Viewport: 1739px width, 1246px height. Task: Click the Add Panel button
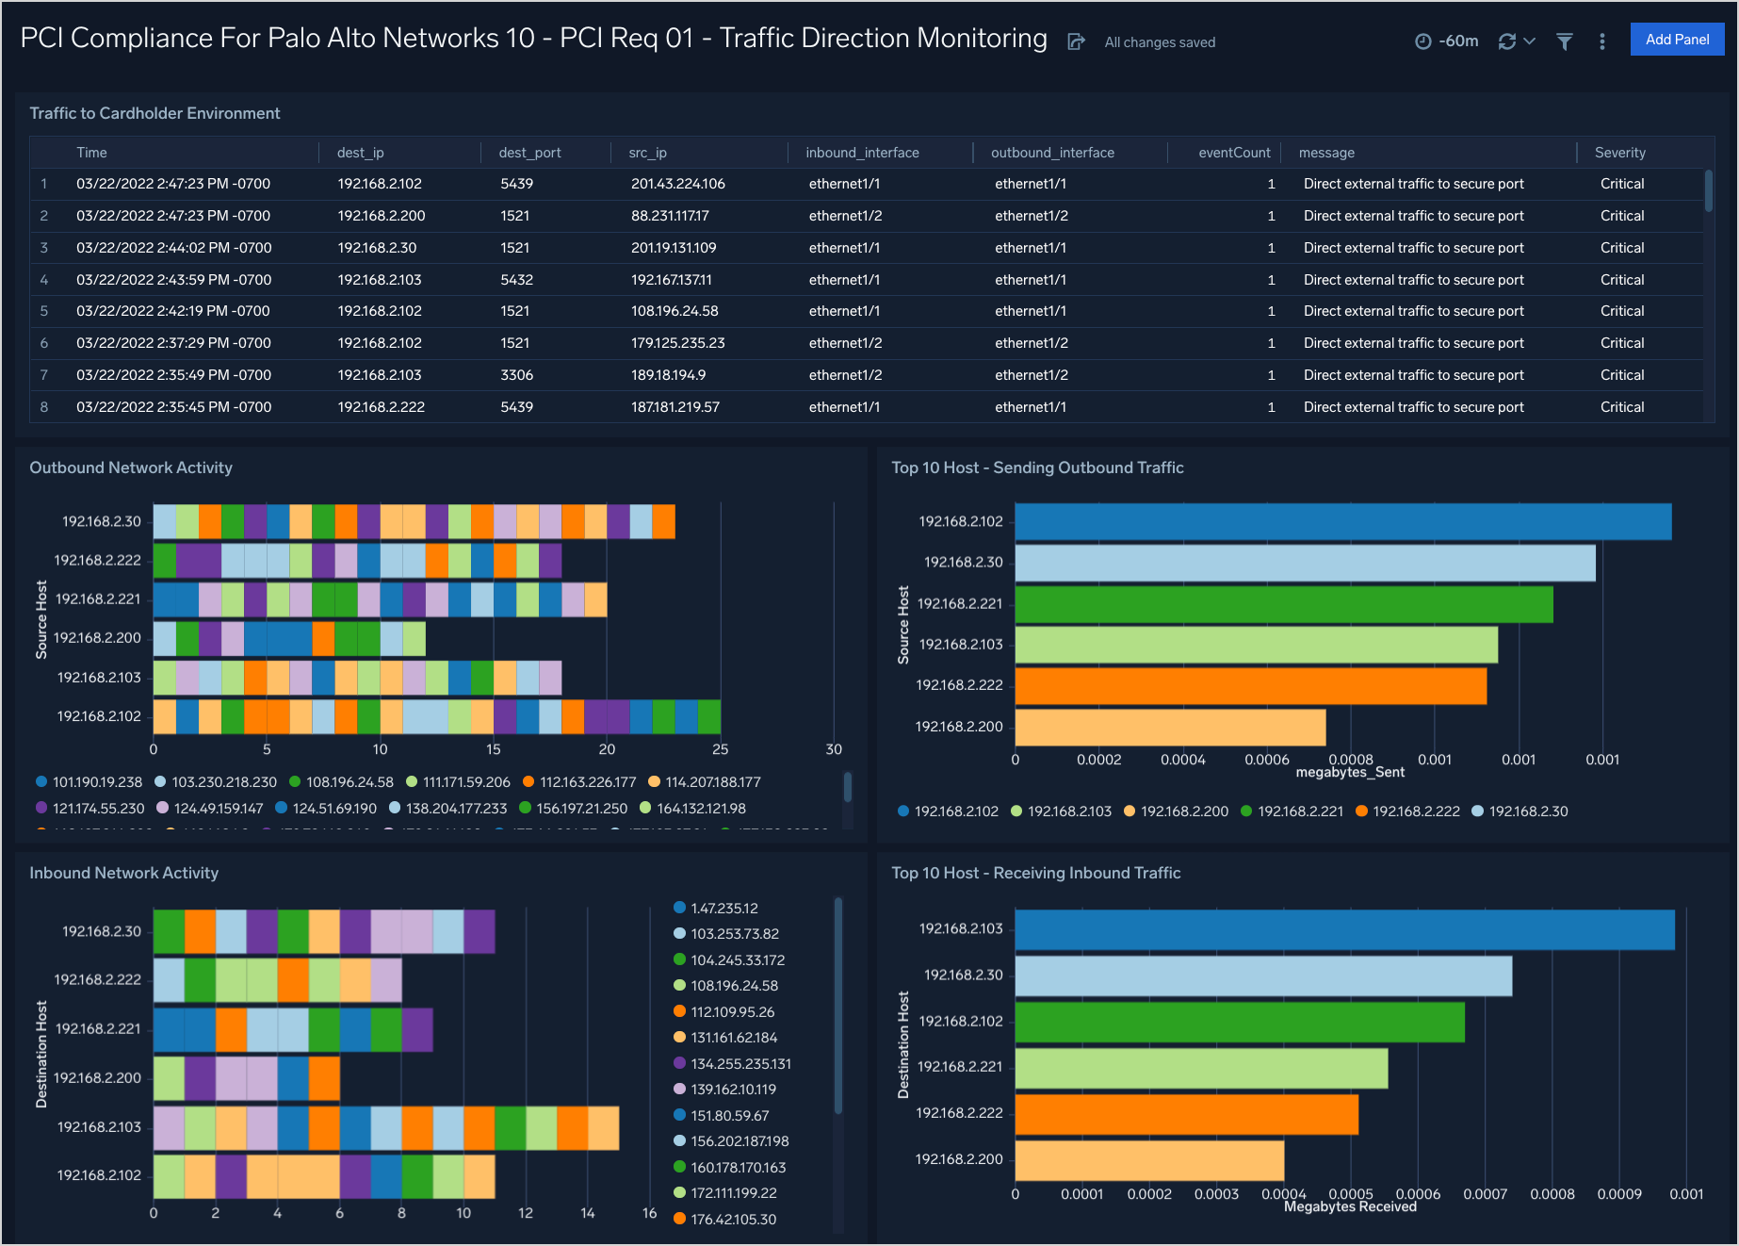pos(1677,40)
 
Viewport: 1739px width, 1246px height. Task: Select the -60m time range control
pos(1448,41)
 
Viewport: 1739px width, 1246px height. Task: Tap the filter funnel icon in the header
pos(1564,41)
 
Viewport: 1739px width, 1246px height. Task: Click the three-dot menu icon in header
pos(1602,41)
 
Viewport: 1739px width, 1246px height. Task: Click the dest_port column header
pos(529,153)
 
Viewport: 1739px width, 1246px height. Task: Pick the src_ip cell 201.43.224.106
pos(677,184)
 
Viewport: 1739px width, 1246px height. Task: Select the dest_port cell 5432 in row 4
pos(516,280)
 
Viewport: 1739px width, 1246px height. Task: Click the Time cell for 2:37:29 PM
pos(173,343)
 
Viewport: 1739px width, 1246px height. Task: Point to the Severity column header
pos(1619,153)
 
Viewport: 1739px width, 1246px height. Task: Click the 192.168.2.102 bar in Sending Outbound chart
pos(1342,522)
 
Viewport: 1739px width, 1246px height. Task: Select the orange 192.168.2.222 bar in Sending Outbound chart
pos(1250,686)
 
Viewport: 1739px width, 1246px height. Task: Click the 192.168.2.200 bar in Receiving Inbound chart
pos(1149,1160)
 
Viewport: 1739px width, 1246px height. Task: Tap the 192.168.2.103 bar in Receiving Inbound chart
pos(1344,929)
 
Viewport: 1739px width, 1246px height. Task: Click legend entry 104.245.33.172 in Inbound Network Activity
pos(737,960)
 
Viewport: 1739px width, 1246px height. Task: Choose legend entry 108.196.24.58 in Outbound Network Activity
pos(349,782)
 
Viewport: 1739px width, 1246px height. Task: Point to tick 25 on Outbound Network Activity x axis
pos(721,749)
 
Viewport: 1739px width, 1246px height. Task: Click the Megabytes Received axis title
pos(1349,1207)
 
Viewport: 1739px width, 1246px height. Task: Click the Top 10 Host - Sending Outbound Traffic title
pos(1037,467)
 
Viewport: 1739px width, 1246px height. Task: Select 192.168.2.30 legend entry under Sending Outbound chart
pos(1528,812)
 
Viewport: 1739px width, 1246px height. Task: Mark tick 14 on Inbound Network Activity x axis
pos(588,1213)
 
